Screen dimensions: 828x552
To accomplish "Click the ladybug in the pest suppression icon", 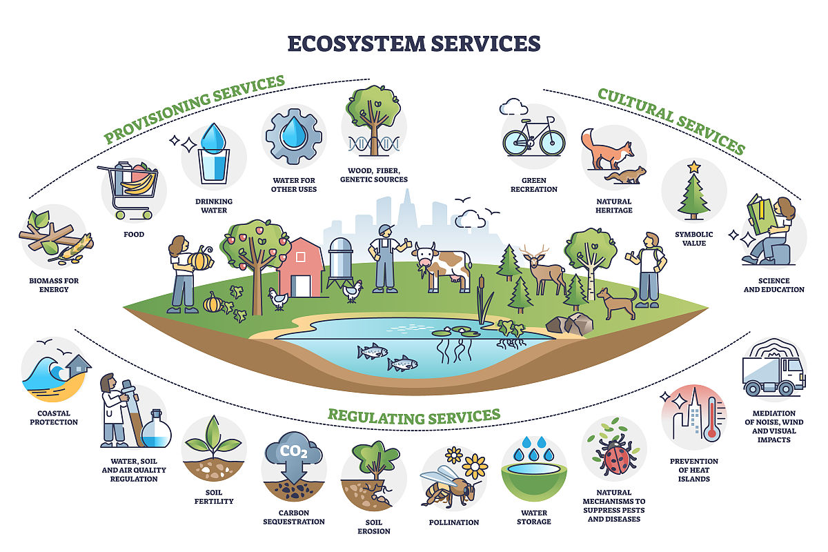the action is coord(615,456).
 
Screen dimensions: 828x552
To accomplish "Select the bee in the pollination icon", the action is coord(448,484).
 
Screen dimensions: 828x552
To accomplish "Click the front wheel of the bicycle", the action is coord(552,142).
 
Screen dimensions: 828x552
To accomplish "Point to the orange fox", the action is coord(607,149).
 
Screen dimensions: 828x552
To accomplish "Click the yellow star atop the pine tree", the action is coord(694,167).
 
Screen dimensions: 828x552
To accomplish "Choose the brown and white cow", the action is coord(442,266).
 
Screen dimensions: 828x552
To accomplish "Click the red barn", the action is coord(301,267).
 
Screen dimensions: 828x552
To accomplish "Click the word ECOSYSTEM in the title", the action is coord(357,43).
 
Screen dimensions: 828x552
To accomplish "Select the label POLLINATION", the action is coord(453,522).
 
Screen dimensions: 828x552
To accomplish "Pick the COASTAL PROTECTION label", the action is coord(54,417).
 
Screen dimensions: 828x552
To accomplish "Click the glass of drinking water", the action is coord(214,166).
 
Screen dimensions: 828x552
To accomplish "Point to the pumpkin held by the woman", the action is coord(201,258).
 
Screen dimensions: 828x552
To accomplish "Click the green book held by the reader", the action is coord(762,215).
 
